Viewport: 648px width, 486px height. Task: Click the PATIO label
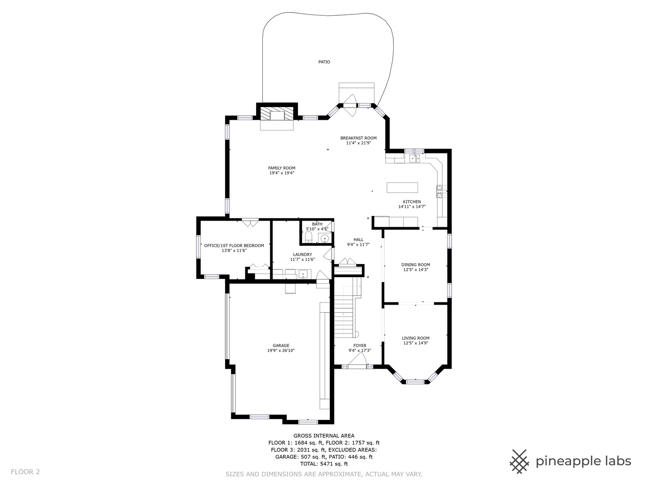[324, 62]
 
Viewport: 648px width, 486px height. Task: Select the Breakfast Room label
[358, 138]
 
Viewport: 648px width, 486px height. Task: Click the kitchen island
[402, 187]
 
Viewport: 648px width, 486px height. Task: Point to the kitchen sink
[414, 158]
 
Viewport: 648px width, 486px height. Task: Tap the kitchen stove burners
[440, 192]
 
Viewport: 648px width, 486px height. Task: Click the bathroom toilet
[308, 238]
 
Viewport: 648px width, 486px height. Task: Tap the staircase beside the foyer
[344, 310]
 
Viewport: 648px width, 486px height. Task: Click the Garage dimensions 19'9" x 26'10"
[281, 351]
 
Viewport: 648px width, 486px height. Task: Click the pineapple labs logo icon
[519, 461]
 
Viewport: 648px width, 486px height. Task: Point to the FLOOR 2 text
[25, 472]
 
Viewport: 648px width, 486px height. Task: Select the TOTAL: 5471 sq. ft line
[324, 463]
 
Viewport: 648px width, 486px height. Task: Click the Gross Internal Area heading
[324, 436]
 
